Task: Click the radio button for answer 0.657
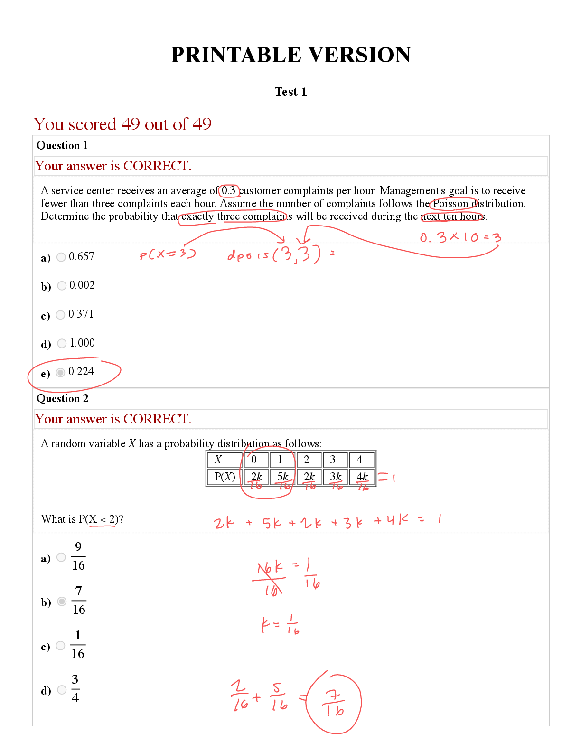click(x=61, y=257)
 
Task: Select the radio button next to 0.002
click(x=62, y=285)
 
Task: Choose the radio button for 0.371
click(x=60, y=315)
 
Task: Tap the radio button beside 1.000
click(x=62, y=343)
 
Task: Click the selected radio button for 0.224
click(x=60, y=372)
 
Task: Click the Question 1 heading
click(x=62, y=145)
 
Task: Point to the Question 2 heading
click(x=62, y=398)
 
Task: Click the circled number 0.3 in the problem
click(x=228, y=190)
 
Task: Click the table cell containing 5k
click(x=282, y=477)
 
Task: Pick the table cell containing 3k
click(x=336, y=477)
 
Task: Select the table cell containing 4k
click(x=362, y=477)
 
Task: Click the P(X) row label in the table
click(x=225, y=477)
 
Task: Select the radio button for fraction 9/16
click(x=61, y=557)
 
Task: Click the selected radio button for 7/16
click(x=62, y=601)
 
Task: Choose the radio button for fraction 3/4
click(x=62, y=689)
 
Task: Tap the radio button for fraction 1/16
click(x=60, y=645)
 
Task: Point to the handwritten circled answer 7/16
click(x=334, y=704)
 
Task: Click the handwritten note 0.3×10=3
click(x=460, y=237)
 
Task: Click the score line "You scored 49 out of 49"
click(x=122, y=124)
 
